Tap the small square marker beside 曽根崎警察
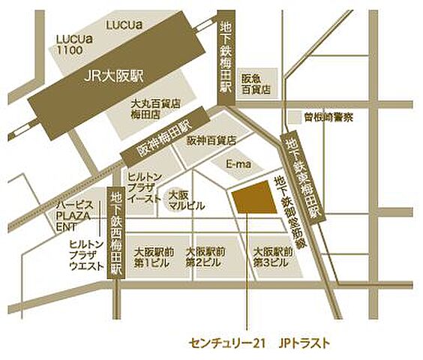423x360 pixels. click(x=293, y=118)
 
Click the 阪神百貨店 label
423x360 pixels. click(x=211, y=139)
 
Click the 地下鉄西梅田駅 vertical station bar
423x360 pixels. click(x=115, y=232)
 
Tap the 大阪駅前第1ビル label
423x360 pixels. click(x=153, y=257)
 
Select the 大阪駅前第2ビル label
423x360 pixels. click(x=205, y=257)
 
